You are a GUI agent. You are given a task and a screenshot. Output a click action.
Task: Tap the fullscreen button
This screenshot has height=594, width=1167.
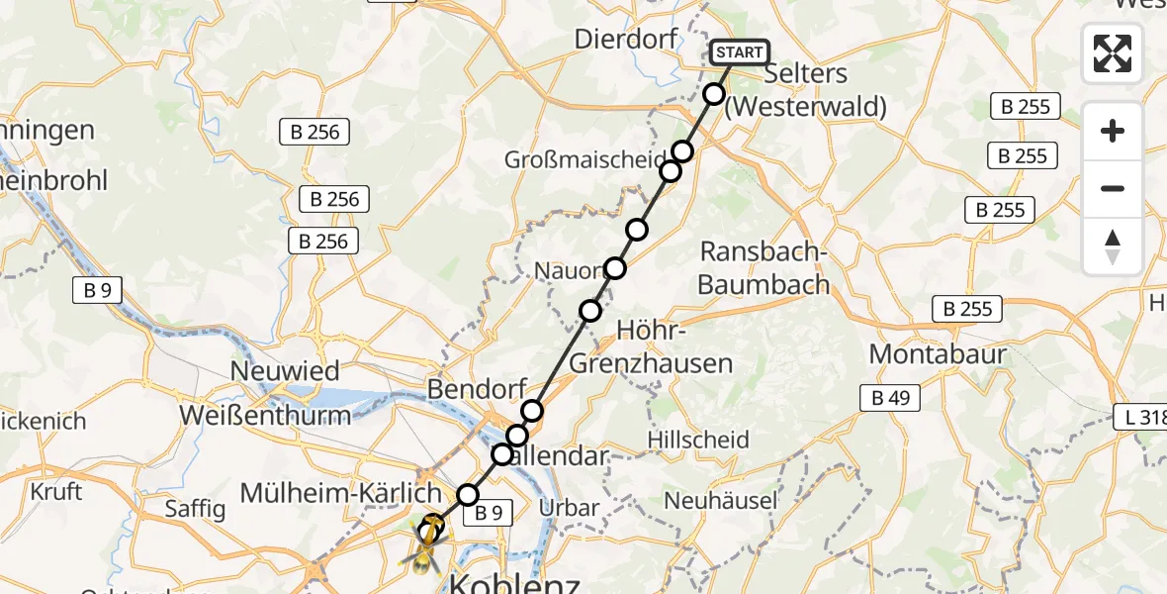coord(1113,53)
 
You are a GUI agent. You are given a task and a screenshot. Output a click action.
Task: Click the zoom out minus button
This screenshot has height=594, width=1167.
coord(1113,188)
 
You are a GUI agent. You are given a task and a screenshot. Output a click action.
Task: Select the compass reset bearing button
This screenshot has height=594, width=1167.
coord(1113,247)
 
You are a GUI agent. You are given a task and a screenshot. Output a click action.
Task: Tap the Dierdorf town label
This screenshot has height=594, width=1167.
coord(625,41)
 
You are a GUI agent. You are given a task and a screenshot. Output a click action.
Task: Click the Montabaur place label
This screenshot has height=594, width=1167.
coord(938,354)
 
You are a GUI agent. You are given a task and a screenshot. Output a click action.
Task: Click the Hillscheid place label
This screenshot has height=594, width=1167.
coord(698,440)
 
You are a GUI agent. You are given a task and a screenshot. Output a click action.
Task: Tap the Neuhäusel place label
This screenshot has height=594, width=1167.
coord(721,501)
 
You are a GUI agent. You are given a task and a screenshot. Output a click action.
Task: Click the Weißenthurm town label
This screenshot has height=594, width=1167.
coord(265,415)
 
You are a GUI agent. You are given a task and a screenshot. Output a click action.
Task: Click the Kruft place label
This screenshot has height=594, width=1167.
coord(56,490)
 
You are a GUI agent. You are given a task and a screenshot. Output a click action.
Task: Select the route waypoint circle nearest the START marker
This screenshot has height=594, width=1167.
coord(714,94)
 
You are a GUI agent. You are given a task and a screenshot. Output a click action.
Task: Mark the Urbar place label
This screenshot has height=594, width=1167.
coord(570,508)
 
